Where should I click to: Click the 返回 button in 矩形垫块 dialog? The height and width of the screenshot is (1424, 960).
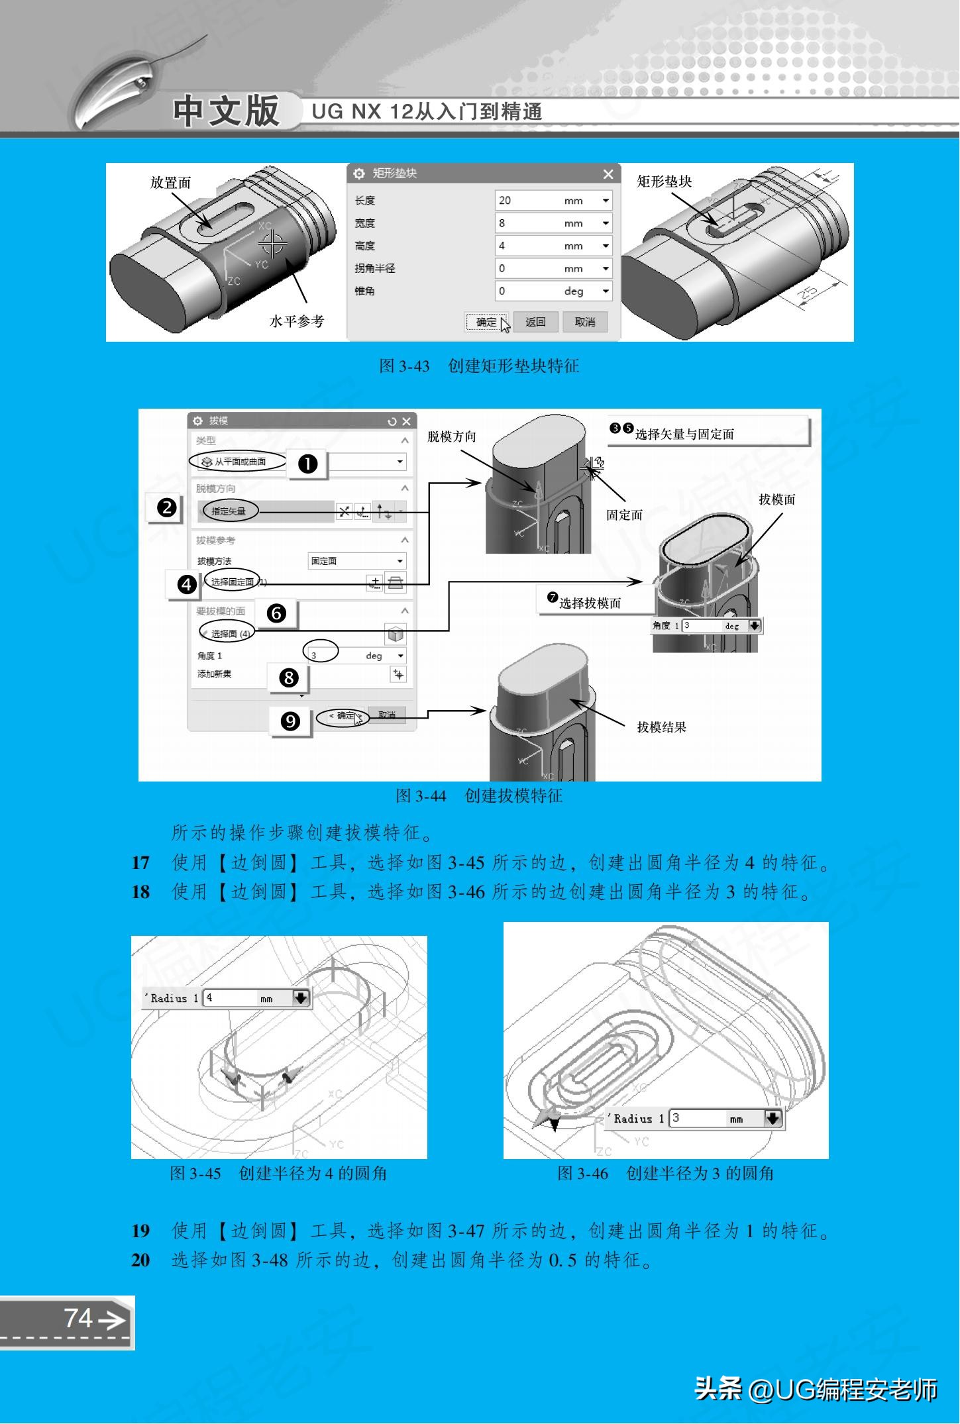(535, 322)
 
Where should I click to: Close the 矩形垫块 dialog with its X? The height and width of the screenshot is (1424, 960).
(608, 174)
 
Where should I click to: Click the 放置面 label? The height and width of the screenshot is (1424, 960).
(170, 183)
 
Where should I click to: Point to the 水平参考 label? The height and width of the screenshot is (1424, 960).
(296, 321)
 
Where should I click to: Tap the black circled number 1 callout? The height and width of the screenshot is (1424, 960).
(307, 464)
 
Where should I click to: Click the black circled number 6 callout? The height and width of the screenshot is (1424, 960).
(276, 614)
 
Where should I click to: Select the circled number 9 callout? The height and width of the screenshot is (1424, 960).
(290, 721)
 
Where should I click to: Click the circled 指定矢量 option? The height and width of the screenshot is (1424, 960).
(229, 511)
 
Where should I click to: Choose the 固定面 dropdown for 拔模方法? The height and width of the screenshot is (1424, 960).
(357, 561)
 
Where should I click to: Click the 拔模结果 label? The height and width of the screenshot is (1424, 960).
(661, 727)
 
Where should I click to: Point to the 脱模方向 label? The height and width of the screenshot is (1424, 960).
(451, 436)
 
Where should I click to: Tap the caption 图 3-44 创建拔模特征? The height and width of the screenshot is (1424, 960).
(478, 795)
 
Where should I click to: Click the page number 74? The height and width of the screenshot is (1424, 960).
(78, 1317)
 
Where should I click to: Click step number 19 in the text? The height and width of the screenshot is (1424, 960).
(140, 1231)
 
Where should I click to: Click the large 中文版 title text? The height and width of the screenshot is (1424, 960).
(226, 111)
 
